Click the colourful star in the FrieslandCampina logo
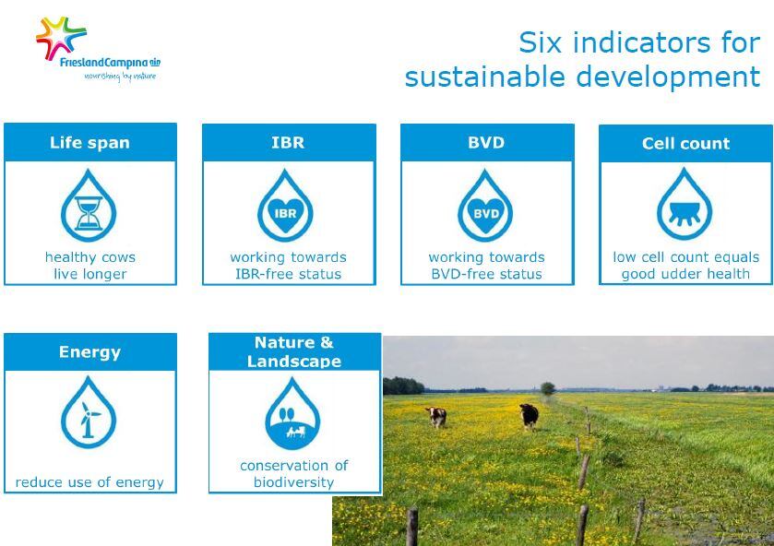(60, 38)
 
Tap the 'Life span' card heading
(89, 143)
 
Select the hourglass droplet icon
(89, 206)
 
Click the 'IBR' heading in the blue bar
(288, 143)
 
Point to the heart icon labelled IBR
(285, 215)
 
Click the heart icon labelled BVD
(486, 215)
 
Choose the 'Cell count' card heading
(686, 144)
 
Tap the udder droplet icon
(685, 205)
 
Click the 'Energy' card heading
(89, 352)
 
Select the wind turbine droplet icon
(89, 412)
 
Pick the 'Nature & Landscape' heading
(294, 352)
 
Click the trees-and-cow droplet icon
(292, 414)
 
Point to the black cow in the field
(529, 416)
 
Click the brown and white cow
(437, 417)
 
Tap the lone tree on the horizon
(548, 388)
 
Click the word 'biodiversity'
(294, 482)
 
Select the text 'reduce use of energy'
(89, 482)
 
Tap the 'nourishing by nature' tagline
(120, 77)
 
